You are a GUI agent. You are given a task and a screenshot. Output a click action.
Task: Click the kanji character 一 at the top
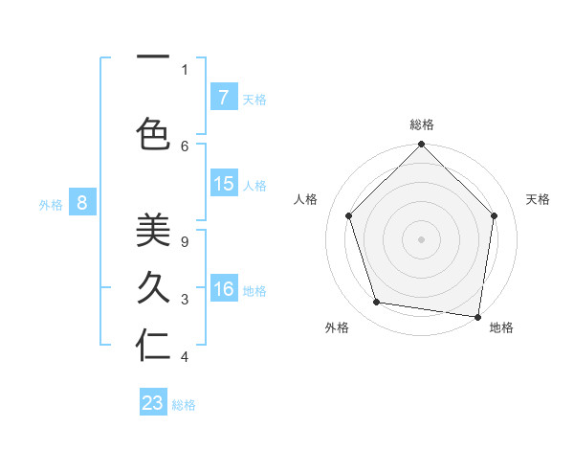coord(152,55)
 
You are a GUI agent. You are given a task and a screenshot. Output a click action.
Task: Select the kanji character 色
coord(152,133)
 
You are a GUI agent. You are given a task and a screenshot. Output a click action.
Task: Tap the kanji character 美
coord(152,232)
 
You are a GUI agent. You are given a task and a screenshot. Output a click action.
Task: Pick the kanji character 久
coord(152,288)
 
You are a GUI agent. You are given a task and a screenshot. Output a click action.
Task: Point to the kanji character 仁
coord(152,346)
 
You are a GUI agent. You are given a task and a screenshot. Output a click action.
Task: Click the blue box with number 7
coord(223,98)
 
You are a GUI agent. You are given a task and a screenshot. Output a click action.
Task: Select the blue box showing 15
coord(223,184)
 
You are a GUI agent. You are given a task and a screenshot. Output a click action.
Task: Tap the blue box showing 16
coord(223,289)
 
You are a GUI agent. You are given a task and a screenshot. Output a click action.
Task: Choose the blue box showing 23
coord(153,403)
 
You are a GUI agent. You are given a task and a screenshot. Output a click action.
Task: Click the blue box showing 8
coord(82,202)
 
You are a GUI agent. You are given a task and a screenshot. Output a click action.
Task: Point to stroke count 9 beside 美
coord(185,243)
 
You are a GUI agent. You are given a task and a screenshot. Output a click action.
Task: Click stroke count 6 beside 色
coord(185,146)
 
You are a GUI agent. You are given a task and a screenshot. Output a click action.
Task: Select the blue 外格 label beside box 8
coord(51,203)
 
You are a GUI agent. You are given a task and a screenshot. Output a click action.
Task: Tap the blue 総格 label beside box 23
coord(184,405)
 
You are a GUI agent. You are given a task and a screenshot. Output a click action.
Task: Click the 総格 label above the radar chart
coord(421,124)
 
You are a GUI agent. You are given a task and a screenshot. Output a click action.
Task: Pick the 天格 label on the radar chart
coord(538,199)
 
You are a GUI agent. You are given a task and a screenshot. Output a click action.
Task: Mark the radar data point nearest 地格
coord(477,316)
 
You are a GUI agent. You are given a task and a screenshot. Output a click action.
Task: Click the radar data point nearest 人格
coord(348,215)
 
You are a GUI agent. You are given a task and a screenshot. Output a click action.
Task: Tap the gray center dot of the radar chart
coord(421,238)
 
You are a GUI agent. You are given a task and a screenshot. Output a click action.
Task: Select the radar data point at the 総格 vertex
coord(421,145)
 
